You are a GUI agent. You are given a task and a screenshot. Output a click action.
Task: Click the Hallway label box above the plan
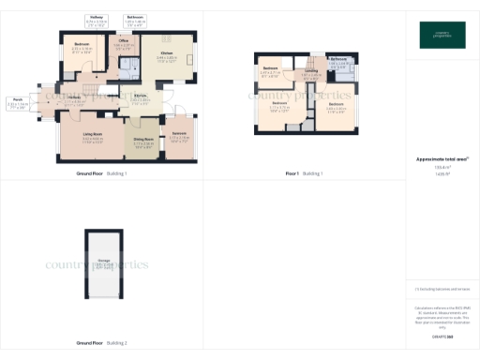coord(97,19)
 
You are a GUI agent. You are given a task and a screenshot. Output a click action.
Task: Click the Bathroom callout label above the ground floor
coord(135,19)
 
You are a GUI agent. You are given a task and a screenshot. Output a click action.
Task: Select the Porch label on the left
coord(18,103)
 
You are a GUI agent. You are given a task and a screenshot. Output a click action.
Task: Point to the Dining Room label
coord(143,142)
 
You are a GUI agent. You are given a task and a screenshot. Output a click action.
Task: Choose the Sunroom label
coord(180,137)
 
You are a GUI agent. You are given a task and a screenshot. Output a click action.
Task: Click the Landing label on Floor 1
coord(310,72)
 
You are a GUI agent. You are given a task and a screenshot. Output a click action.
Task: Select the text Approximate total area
coord(441,159)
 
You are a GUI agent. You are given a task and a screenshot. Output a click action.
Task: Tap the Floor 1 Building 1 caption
coord(304,173)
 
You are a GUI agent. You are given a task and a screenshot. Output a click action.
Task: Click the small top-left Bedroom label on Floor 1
coord(271,70)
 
